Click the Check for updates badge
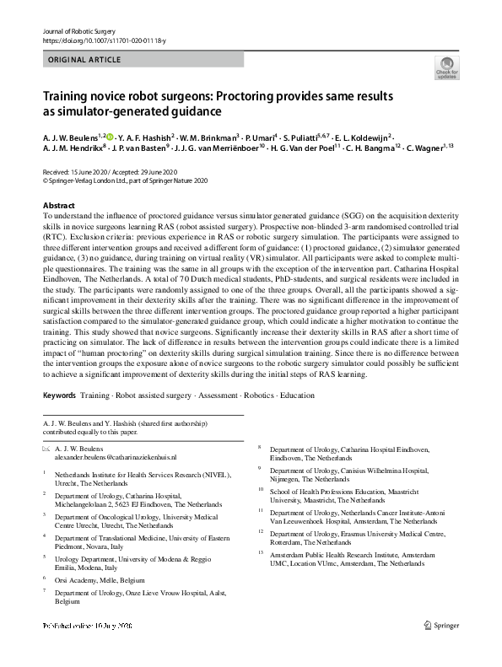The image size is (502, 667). click(446, 67)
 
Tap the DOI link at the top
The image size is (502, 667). click(100, 40)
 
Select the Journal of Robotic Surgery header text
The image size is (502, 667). click(79, 31)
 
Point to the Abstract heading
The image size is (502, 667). click(58, 206)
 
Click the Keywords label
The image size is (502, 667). click(57, 395)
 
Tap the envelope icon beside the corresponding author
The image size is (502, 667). click(46, 448)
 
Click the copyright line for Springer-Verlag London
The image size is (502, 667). click(124, 180)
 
